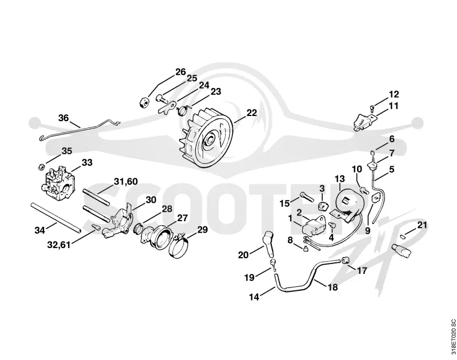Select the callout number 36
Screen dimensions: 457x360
63,118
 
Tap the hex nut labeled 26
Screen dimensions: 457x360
143,103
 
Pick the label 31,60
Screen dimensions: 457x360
126,181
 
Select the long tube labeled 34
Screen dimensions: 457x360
55,218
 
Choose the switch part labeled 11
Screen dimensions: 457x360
363,122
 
